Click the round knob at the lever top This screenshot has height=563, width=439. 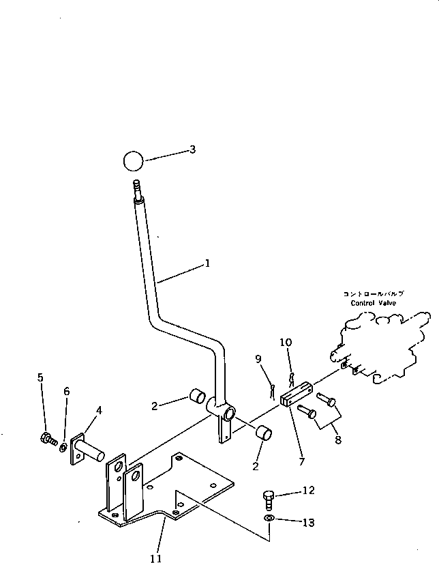(x=134, y=162)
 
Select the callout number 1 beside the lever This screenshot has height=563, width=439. (x=207, y=263)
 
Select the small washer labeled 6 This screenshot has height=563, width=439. (x=63, y=448)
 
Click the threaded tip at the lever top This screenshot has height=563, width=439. (x=135, y=188)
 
